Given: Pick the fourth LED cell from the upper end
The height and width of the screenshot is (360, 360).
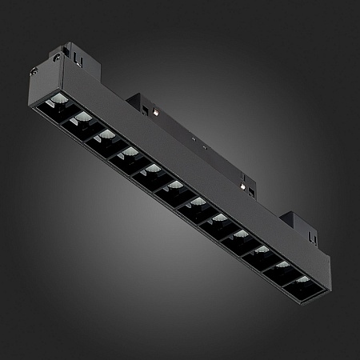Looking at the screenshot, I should (x=126, y=153).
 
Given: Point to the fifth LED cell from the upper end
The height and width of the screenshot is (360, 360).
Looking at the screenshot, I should (x=148, y=170).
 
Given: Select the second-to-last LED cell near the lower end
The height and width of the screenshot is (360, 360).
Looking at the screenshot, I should (x=281, y=266).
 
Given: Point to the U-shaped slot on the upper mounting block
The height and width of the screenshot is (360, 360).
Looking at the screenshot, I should (x=77, y=58).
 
